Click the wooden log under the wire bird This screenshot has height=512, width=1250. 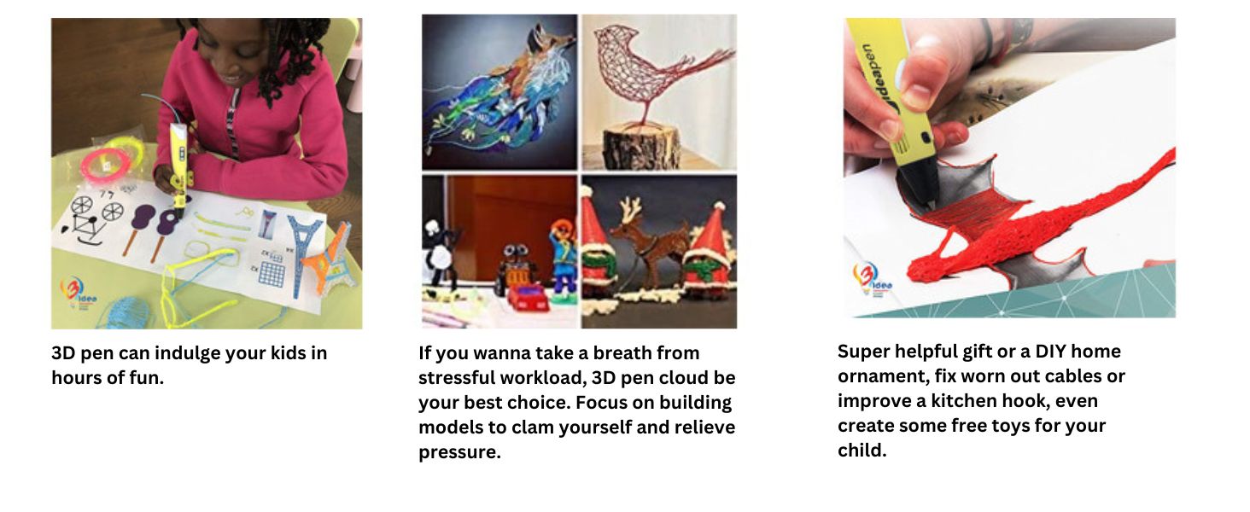tap(642, 147)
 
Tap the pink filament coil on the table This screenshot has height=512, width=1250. tap(106, 162)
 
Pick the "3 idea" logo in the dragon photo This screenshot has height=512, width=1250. tap(872, 280)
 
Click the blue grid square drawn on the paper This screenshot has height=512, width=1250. tap(272, 273)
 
